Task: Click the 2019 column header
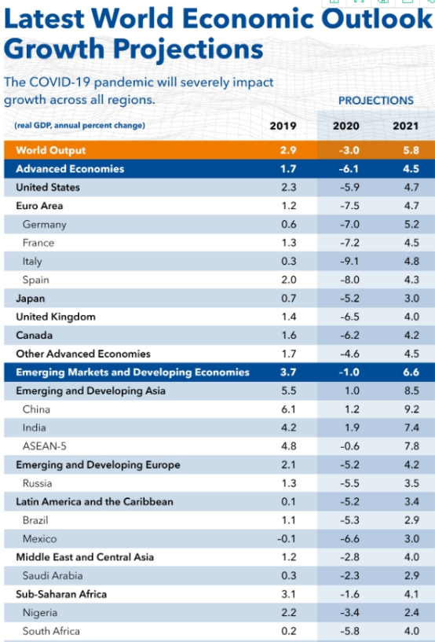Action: pyautogui.click(x=283, y=127)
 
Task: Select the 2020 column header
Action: pyautogui.click(x=346, y=127)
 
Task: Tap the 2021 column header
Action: pyautogui.click(x=406, y=127)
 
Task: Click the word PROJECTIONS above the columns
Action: pyautogui.click(x=375, y=101)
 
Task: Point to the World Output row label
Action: pyautogui.click(x=51, y=150)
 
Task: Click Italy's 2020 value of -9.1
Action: pyautogui.click(x=349, y=262)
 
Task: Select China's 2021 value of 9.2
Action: pyautogui.click(x=411, y=409)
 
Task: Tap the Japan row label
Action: pyautogui.click(x=31, y=299)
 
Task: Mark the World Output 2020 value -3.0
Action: pyautogui.click(x=348, y=150)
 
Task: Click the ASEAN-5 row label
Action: pyautogui.click(x=45, y=446)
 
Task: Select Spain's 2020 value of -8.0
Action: pyautogui.click(x=349, y=280)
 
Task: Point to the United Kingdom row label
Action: pyautogui.click(x=56, y=317)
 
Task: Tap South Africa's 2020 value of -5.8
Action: pyautogui.click(x=349, y=631)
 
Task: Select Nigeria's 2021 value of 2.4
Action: pyautogui.click(x=411, y=612)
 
